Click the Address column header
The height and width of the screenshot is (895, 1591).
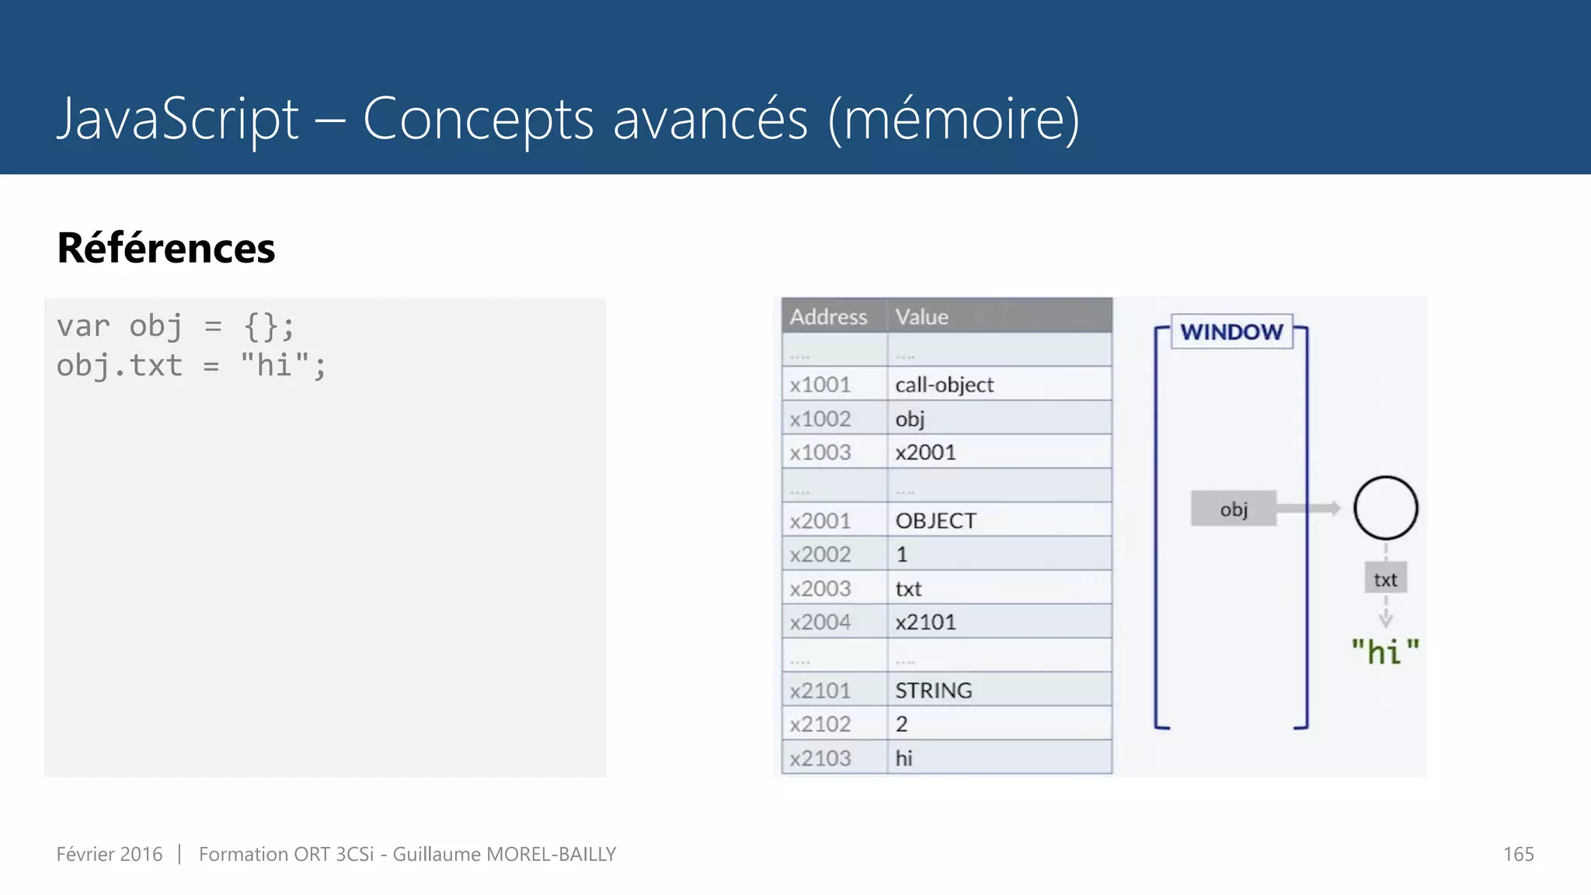click(828, 317)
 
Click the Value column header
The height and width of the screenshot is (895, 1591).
click(921, 317)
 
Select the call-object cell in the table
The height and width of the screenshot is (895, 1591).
click(944, 385)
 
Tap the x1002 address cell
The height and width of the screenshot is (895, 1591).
click(820, 419)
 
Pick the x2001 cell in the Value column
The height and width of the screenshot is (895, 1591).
click(925, 452)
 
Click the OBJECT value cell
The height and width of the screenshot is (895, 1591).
click(935, 521)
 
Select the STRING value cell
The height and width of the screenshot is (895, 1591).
click(933, 690)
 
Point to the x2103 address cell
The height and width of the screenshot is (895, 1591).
click(820, 757)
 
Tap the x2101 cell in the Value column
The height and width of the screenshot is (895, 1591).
click(925, 622)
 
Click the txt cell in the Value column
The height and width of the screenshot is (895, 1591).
click(908, 589)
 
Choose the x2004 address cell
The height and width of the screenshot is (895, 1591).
click(820, 622)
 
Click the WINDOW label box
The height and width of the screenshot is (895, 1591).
click(1231, 332)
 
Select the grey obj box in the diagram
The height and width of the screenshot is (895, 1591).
click(1234, 509)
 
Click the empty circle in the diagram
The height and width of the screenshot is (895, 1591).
click(1385, 508)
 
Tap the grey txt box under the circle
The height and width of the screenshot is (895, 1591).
click(1385, 580)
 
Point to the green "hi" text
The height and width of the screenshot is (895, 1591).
click(1385, 651)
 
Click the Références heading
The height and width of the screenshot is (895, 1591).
click(166, 249)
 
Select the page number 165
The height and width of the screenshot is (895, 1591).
click(1518, 854)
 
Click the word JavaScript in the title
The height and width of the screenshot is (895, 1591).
click(178, 119)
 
